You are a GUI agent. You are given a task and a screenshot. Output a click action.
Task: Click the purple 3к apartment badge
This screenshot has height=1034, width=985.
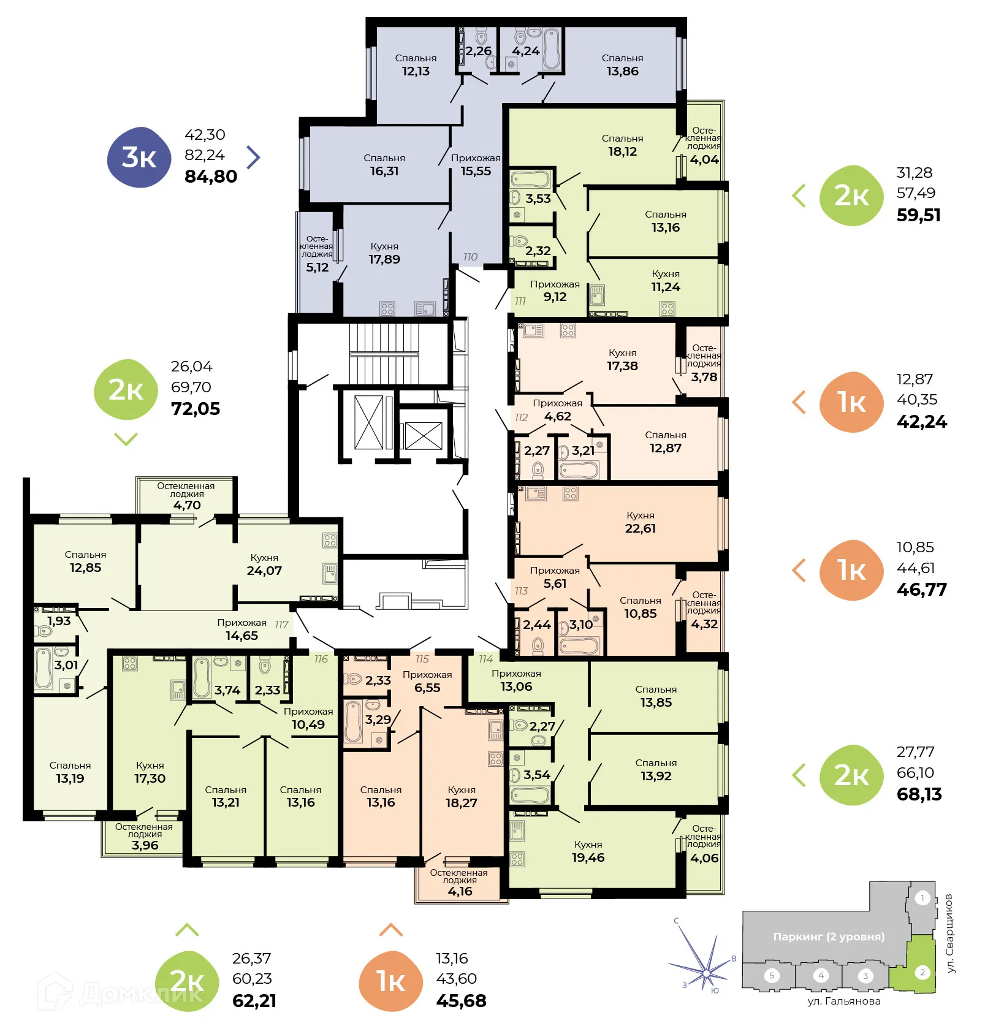(x=139, y=158)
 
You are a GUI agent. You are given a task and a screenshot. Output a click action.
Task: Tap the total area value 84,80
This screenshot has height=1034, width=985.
(x=210, y=177)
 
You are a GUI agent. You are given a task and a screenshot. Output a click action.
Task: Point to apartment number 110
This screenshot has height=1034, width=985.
(x=470, y=257)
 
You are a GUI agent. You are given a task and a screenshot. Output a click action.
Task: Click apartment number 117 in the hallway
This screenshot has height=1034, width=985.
(x=281, y=625)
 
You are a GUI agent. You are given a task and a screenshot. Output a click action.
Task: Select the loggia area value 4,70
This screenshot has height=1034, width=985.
(x=186, y=505)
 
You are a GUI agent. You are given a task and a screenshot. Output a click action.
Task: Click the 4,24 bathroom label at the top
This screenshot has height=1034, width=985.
(x=525, y=51)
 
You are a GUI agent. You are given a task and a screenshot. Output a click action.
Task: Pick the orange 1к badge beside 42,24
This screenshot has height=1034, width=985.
(x=851, y=402)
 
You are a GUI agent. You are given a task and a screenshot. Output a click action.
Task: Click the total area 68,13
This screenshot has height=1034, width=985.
(x=919, y=794)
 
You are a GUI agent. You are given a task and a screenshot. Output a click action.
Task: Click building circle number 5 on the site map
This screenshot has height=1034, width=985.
(x=772, y=975)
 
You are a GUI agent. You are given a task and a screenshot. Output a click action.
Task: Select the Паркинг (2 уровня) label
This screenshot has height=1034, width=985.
(x=829, y=937)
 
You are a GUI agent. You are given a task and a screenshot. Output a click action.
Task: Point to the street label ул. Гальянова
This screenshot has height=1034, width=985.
(x=843, y=1002)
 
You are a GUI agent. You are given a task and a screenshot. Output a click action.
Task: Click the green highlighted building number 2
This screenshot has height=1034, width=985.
(x=922, y=973)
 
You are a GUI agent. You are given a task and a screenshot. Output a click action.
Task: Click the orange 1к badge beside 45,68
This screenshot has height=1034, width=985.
(x=390, y=981)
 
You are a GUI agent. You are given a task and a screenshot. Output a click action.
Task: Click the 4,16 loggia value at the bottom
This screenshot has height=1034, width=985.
(x=460, y=891)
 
